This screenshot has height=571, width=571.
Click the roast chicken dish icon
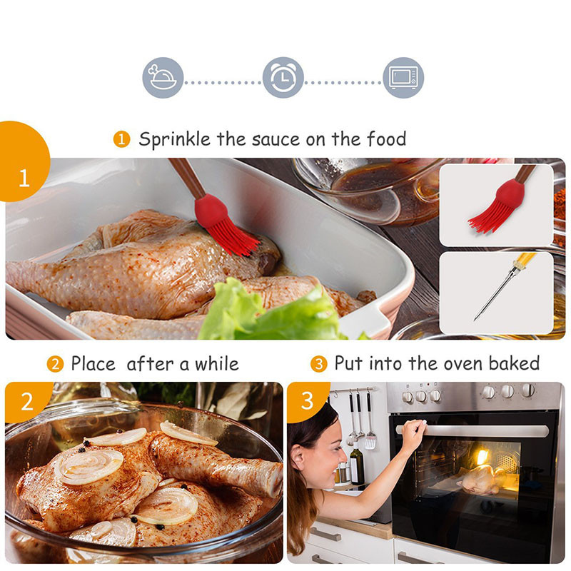[163, 78]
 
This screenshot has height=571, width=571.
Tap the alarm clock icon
[283, 78]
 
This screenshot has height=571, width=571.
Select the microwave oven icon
[403, 78]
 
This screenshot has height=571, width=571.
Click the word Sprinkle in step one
[175, 139]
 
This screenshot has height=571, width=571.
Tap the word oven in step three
[463, 364]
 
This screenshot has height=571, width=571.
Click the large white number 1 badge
[24, 178]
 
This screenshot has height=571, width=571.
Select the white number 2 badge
[27, 402]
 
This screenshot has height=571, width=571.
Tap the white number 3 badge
[307, 400]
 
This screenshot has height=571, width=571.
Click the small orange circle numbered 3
[318, 364]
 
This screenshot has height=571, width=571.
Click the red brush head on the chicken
[225, 224]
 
